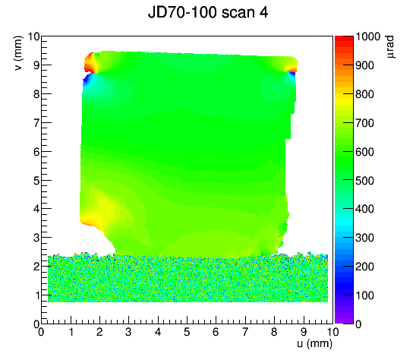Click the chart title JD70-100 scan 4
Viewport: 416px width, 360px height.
(208, 12)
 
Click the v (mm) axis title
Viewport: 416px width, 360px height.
(18, 53)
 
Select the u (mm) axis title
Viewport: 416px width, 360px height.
(314, 343)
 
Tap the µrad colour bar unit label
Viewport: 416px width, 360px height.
(389, 47)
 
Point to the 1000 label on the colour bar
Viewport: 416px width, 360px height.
(367, 36)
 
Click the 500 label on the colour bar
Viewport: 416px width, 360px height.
(364, 181)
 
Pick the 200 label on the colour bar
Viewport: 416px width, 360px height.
(364, 267)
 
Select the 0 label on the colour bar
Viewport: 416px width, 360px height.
(358, 324)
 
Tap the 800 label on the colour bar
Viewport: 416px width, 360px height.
(364, 94)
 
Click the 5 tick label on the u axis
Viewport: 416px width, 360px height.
(187, 332)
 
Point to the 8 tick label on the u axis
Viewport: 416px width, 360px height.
(274, 332)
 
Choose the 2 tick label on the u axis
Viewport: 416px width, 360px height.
(99, 332)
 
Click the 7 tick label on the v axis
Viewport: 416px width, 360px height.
(36, 123)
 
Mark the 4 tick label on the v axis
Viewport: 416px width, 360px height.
(36, 209)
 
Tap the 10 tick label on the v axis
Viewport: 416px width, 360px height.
(33, 36)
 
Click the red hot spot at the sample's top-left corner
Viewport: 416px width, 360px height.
(90, 63)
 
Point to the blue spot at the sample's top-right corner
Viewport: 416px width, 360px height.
(292, 76)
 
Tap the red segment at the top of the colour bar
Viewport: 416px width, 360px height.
(344, 39)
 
